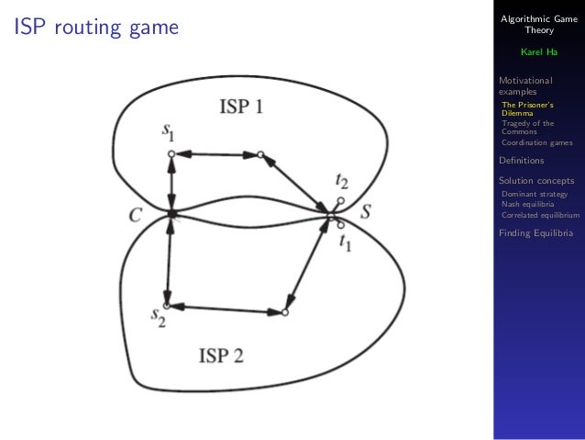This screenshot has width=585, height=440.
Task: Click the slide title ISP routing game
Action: [95, 28]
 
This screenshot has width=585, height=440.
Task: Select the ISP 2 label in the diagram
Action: [221, 355]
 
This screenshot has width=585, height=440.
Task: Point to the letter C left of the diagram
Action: [136, 216]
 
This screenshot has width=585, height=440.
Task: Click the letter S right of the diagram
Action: [365, 212]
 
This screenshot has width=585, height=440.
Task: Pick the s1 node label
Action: [169, 134]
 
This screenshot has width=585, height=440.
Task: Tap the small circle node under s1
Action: [171, 154]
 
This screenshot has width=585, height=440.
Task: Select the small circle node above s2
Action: [166, 305]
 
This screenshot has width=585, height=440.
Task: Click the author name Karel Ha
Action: [538, 51]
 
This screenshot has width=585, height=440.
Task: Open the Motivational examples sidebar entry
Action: [525, 86]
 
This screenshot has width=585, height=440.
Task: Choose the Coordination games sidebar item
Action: [536, 142]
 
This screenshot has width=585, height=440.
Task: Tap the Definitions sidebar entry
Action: [522, 161]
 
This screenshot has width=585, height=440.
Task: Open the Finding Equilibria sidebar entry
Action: [536, 233]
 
